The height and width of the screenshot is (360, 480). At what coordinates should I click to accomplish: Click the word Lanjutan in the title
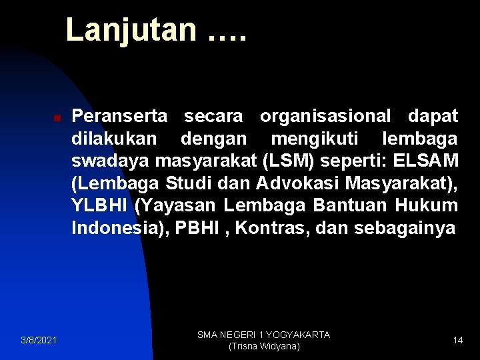click(x=131, y=30)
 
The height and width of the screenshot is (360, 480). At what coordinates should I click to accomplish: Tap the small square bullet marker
click(x=57, y=117)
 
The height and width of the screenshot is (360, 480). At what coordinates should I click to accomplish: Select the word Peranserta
click(x=119, y=117)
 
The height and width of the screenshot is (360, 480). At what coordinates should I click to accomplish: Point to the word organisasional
click(x=326, y=117)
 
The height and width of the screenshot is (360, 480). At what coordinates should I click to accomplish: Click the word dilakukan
click(x=114, y=139)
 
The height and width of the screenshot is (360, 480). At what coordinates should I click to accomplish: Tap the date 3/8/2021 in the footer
click(x=38, y=341)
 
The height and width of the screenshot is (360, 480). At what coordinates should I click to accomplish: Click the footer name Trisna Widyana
click(x=265, y=347)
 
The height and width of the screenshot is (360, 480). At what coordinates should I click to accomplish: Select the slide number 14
click(x=458, y=341)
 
